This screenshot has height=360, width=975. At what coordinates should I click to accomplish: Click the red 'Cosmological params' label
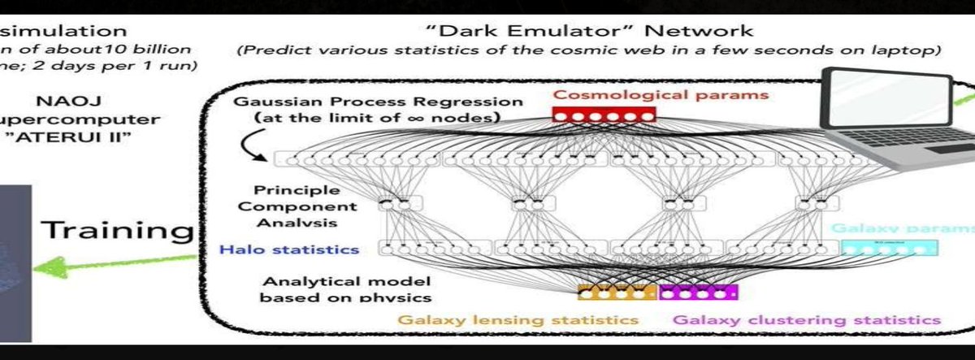pyautogui.click(x=661, y=94)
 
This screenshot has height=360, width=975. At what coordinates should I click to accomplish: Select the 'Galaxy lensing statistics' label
pyautogui.click(x=518, y=320)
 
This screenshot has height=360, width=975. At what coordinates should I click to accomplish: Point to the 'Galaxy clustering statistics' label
pyautogui.click(x=807, y=320)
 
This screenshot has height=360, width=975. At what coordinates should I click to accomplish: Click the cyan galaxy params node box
pyautogui.click(x=876, y=248)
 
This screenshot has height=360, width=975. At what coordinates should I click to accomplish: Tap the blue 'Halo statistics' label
pyautogui.click(x=290, y=248)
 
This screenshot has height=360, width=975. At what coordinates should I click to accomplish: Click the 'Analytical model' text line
pyautogui.click(x=346, y=281)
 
